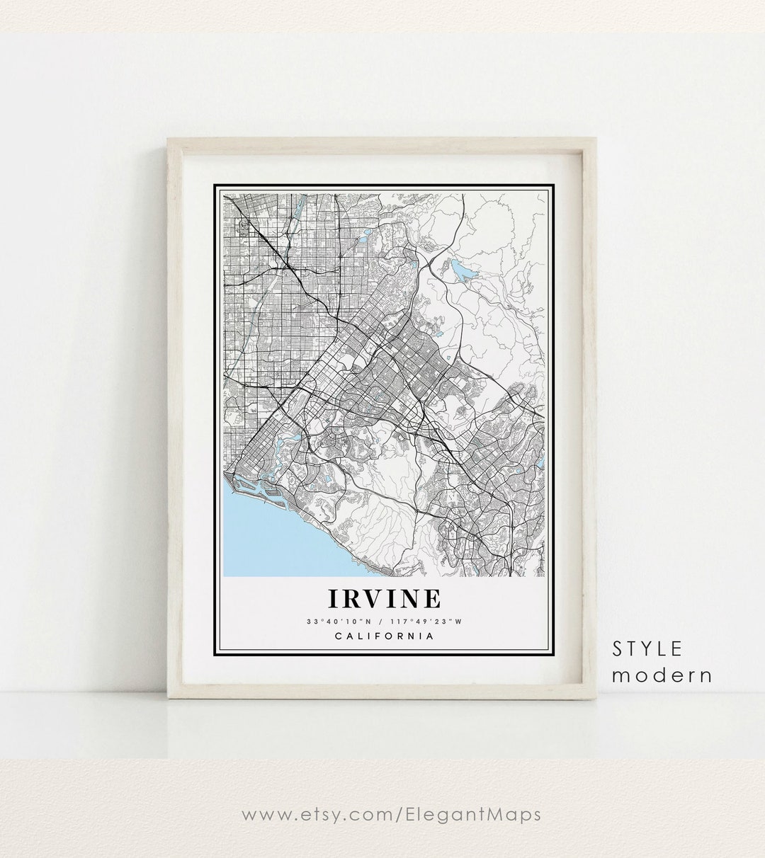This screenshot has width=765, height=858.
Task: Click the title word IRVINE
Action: (383, 598)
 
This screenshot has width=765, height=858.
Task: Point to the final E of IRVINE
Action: (431, 598)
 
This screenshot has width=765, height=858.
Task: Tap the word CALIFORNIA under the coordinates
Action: (383, 636)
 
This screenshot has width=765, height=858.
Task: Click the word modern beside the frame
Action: (662, 675)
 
